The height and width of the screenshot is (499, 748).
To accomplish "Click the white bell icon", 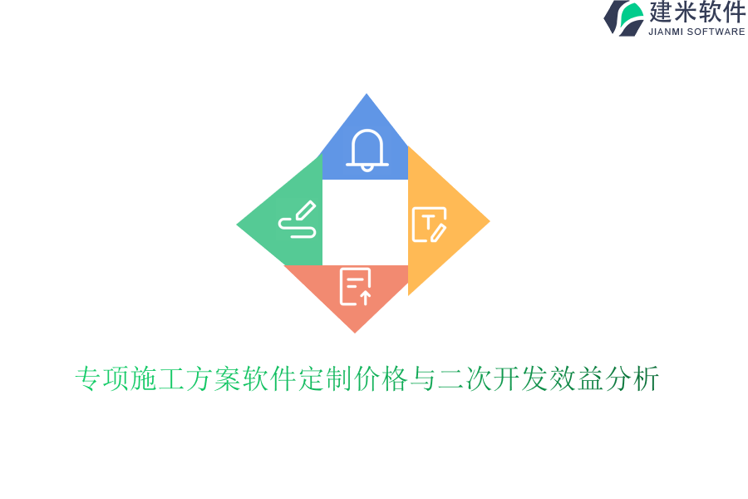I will coord(367,151).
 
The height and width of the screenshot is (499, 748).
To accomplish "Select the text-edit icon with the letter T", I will coord(430,225).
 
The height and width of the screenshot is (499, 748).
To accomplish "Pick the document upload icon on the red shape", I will coord(356,286).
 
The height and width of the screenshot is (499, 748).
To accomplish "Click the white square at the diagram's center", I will coord(365,222).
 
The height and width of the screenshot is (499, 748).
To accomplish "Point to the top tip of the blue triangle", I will coord(367,95).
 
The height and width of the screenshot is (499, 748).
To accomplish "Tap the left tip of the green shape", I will coord(239,225).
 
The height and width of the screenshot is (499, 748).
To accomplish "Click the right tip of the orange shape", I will coord(488,221).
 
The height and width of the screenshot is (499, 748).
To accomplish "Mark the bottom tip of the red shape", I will coord(356,331).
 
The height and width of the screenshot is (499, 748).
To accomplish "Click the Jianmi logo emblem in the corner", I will coord(624,17).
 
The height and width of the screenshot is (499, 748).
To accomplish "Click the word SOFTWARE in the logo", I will coord(716,32).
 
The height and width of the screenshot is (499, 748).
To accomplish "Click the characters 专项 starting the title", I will coord(102,379).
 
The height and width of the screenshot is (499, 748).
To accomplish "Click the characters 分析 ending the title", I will coord(632,379).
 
